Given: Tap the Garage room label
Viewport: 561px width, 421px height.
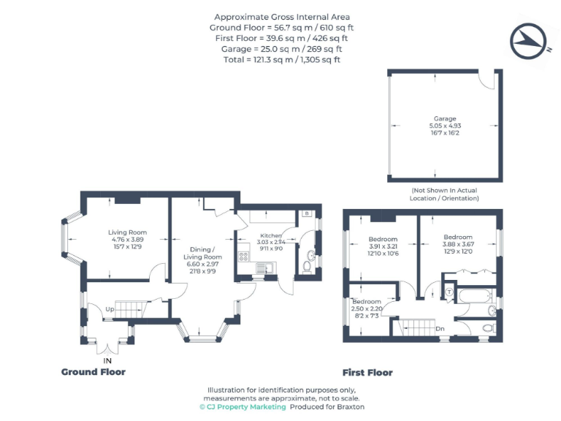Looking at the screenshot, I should pos(444,118).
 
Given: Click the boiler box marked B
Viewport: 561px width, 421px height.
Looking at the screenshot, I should pos(306,214).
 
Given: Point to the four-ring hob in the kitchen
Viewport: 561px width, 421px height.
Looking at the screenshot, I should pos(243,257).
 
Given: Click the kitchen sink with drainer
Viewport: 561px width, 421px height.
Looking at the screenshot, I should pos(265,268).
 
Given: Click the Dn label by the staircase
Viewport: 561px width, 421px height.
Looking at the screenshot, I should pos(440,329).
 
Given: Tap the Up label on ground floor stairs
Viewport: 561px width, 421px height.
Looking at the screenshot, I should pos(109,309).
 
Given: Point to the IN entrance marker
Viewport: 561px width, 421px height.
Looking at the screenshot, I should pos(107,361).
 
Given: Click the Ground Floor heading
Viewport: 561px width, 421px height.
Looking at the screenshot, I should pos(93,372).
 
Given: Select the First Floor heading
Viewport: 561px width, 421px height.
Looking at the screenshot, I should pos(367,373).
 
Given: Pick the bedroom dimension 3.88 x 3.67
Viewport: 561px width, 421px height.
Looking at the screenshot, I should pos(458,245).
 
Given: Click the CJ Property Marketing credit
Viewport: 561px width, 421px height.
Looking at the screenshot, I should pos(243,407).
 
